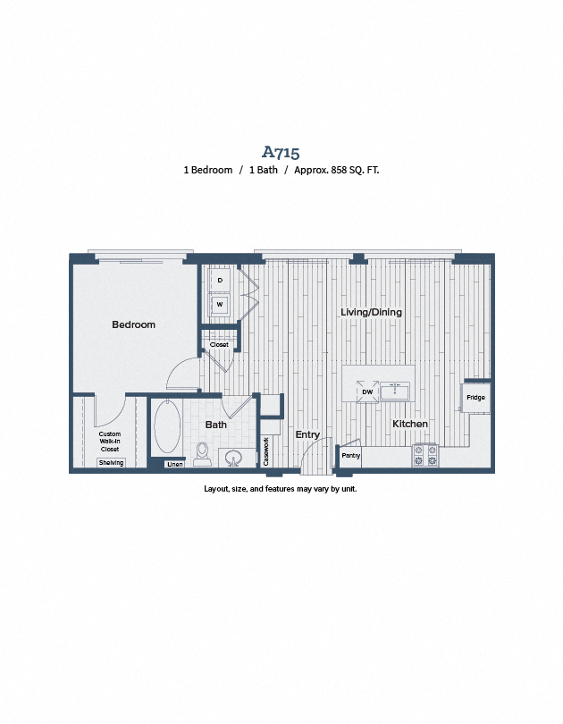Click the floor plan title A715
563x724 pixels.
coord(281,152)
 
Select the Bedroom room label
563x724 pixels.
coord(133,324)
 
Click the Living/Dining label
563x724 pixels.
coord(371,312)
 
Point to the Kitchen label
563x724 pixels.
coord(409,423)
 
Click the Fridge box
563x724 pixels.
coord(475,397)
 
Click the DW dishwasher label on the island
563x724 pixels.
coord(367,391)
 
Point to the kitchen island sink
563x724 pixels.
coord(394,391)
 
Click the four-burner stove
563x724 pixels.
coord(424,456)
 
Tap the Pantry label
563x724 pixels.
coord(350,456)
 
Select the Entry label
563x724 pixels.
coord(307,434)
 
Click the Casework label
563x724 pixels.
coord(266,450)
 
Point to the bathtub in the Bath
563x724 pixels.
coord(167,428)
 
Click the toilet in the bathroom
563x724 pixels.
coord(202,453)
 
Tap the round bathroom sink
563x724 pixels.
coord(234,459)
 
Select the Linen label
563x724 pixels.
coord(175,464)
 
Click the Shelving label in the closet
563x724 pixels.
coord(111,462)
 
